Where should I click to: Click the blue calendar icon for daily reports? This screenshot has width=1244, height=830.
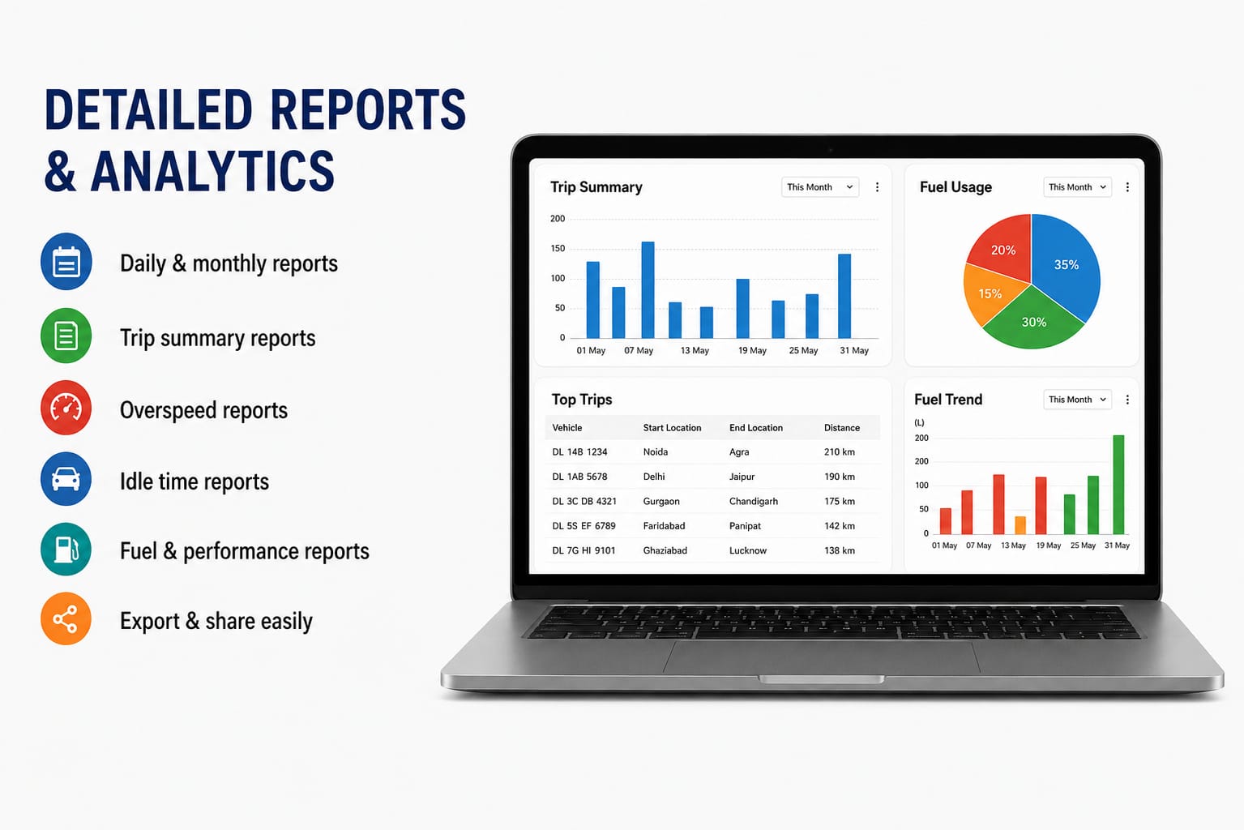tap(66, 261)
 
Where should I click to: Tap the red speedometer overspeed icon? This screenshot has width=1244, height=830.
tap(66, 408)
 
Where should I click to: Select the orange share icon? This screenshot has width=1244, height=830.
tap(66, 618)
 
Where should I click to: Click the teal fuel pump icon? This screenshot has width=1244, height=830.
tap(66, 549)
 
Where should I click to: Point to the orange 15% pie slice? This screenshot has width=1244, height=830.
tap(990, 293)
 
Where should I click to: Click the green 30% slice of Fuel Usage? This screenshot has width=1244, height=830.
tap(1033, 321)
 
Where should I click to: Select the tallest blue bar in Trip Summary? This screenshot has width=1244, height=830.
tap(648, 289)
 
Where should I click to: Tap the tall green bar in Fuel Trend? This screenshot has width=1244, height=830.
tap(1118, 485)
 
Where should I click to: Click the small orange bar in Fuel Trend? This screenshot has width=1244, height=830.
tap(1020, 525)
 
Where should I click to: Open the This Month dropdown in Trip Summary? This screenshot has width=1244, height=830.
tap(819, 187)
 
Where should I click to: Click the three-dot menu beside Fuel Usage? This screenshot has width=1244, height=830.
tap(1127, 187)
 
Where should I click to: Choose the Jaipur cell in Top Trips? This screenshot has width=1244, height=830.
tap(742, 477)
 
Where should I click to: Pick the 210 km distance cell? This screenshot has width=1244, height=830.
tap(839, 451)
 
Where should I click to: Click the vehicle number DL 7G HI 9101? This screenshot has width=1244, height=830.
tap(584, 550)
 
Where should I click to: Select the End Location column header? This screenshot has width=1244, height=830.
tap(756, 428)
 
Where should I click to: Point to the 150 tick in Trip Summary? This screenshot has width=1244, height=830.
tap(558, 248)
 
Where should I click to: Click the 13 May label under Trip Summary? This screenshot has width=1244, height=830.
tap(695, 350)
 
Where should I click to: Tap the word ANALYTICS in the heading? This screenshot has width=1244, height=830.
tap(212, 171)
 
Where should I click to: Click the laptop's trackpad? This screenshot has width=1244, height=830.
tap(821, 657)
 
